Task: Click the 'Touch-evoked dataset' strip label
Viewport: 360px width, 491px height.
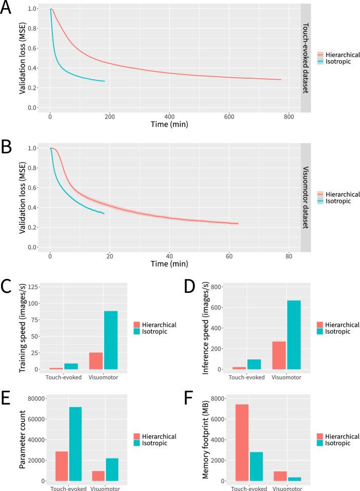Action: pos(306,58)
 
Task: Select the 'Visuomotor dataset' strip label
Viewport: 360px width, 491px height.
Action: pos(306,197)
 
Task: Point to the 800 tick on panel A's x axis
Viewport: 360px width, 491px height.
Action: pos(289,116)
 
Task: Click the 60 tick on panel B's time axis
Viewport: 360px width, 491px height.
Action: pos(229,256)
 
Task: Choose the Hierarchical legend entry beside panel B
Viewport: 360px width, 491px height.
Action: pos(340,195)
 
